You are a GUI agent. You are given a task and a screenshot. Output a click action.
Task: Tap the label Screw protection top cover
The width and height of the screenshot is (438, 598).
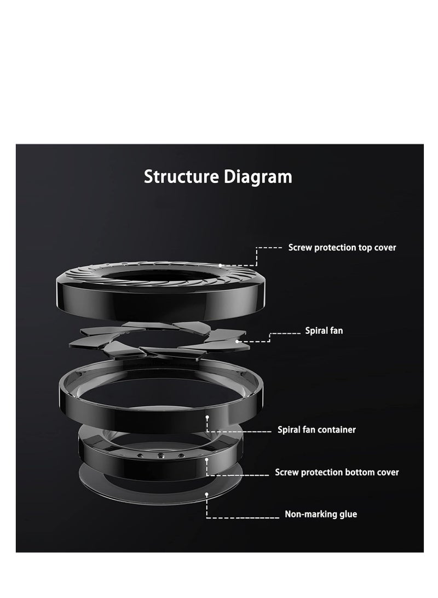pos(342,248)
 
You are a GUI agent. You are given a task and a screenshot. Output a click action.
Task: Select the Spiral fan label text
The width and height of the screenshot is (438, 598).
pos(324,331)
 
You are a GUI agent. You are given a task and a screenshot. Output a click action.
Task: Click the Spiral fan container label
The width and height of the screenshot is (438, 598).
pos(317,430)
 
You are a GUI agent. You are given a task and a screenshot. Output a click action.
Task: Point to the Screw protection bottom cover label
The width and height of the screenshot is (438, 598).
pos(337,472)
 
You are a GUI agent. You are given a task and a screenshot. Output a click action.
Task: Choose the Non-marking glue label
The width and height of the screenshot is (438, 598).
pos(321,514)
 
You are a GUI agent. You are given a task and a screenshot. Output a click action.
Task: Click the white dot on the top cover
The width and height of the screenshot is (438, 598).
pos(221,265)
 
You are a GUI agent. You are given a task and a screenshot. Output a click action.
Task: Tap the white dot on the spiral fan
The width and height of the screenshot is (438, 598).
pos(237,341)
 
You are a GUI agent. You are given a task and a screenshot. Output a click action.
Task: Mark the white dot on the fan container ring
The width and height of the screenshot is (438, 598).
pos(208,417)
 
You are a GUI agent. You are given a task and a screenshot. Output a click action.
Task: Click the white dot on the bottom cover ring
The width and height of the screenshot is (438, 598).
pos(206,460)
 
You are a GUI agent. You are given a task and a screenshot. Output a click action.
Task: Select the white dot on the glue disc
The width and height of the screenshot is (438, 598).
pos(206,494)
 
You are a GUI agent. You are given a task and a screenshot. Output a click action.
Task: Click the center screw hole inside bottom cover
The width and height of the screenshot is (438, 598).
pos(160,455)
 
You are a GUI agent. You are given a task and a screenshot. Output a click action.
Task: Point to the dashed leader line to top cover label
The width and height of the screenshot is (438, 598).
pos(268,248)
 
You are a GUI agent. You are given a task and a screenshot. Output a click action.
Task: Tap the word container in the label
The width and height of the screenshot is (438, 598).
pos(337,430)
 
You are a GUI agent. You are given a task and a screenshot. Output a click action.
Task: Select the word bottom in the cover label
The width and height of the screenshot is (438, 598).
pos(358,472)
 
